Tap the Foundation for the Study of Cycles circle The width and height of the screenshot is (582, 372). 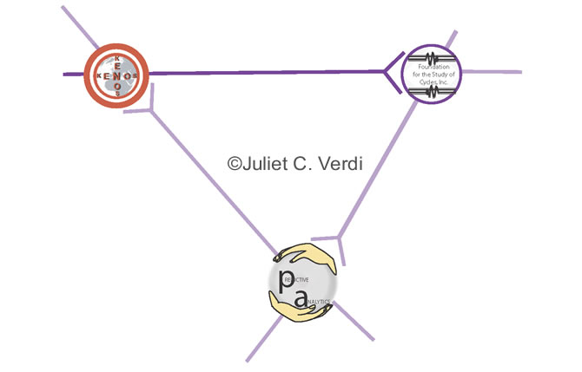(432, 71)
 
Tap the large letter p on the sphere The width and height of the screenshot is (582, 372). (287, 280)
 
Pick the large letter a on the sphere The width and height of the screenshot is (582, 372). (301, 300)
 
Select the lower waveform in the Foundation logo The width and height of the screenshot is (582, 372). (432, 88)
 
